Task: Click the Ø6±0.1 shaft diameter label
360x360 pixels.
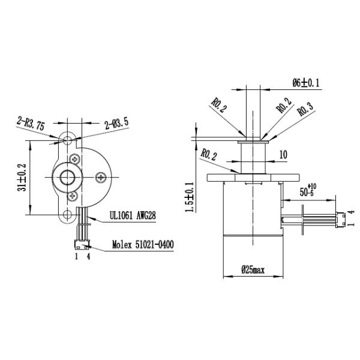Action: [x=306, y=82]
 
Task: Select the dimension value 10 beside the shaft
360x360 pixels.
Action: [x=283, y=154]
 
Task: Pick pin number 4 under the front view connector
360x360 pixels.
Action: [x=88, y=257]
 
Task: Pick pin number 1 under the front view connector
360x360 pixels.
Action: [x=76, y=257]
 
